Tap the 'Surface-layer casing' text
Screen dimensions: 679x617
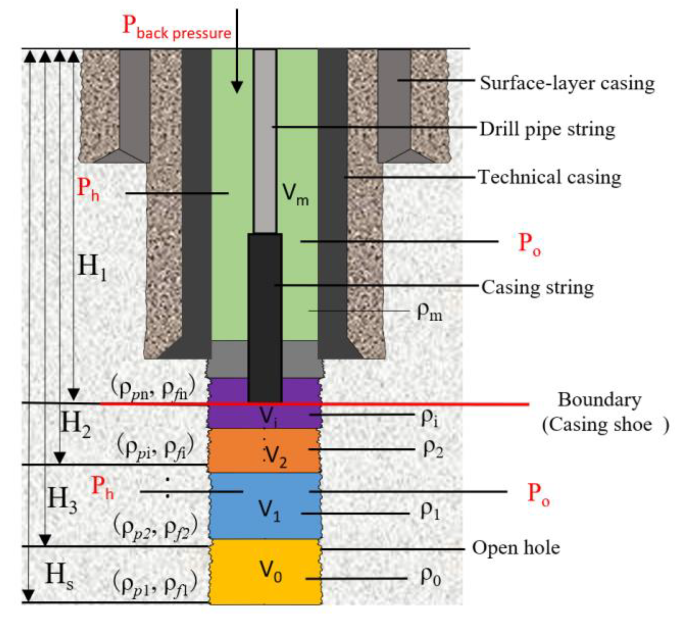pos(567,83)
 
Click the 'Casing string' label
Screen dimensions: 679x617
pos(538,288)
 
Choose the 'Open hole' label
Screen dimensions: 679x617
pos(516,548)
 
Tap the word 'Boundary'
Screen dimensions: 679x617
pos(599,400)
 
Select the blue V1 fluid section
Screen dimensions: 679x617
pos(265,506)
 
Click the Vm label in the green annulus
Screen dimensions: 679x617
pos(295,194)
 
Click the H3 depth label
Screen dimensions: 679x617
pos(62,499)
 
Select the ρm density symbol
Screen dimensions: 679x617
pos(429,312)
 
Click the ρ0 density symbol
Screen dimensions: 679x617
pos(430,577)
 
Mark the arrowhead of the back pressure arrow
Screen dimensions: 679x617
pos(237,87)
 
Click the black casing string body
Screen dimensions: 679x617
pos(265,318)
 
